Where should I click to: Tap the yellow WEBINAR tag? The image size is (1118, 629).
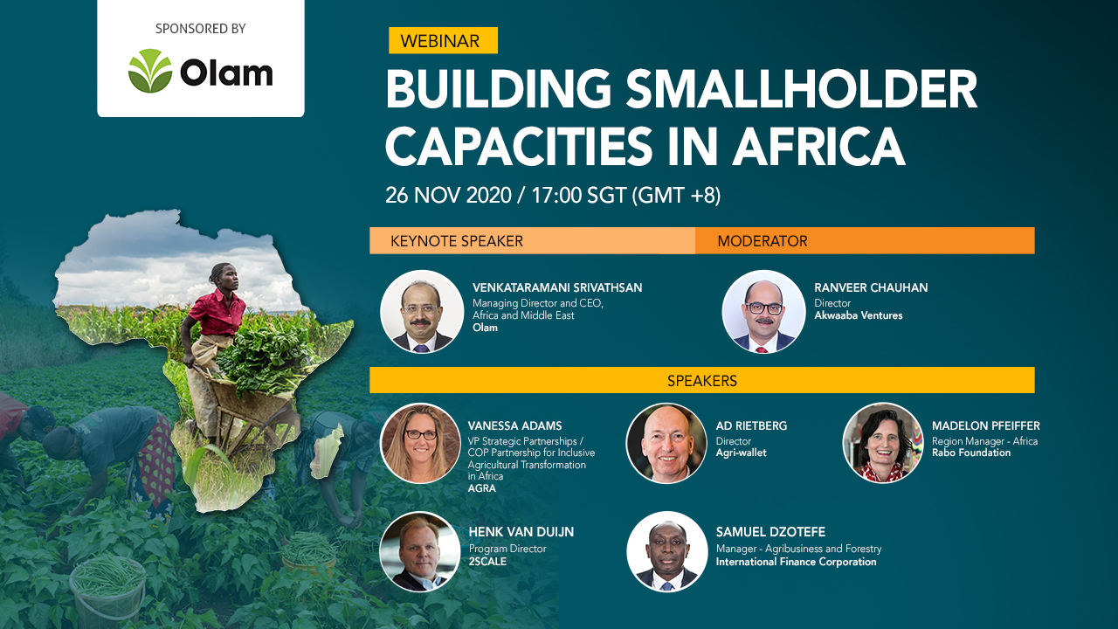point(443,41)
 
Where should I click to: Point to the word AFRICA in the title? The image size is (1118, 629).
point(818,146)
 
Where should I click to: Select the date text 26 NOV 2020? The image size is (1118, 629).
point(447,195)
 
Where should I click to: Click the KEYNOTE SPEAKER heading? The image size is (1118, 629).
point(457,241)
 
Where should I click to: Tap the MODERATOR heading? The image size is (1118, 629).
point(763,241)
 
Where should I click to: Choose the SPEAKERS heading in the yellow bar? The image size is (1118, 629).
point(702,381)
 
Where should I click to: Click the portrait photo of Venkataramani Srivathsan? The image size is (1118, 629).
point(422,312)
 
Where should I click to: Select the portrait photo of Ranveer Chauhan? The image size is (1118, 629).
point(763,312)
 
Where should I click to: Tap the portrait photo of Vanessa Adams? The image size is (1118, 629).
point(420,443)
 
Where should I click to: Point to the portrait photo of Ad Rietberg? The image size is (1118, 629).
point(666,443)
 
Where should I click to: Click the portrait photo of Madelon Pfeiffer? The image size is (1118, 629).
point(883,443)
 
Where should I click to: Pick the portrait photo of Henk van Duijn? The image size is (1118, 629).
point(420,551)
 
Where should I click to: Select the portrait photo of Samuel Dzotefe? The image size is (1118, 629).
point(666,551)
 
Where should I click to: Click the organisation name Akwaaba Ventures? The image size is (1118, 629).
point(859,315)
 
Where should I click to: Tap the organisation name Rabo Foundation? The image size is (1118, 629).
point(971,453)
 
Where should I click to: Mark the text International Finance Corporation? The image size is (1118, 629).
point(796,562)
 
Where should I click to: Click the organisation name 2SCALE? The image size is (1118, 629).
point(487,562)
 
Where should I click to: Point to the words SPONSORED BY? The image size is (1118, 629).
point(200,29)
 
